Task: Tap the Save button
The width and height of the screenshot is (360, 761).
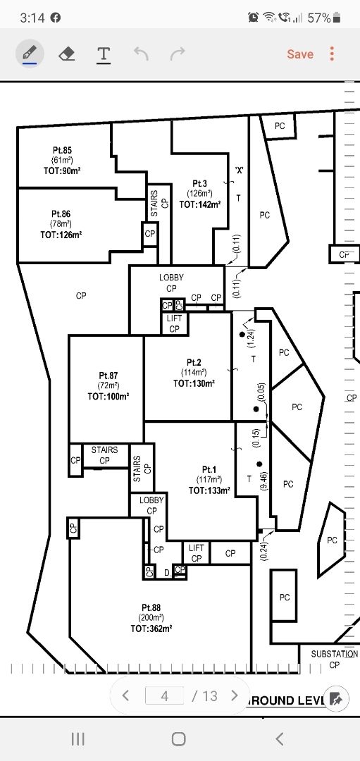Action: (300, 54)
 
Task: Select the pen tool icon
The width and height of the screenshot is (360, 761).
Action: (30, 54)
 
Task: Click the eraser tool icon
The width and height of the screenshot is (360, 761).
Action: (67, 54)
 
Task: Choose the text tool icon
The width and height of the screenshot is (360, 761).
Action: (104, 54)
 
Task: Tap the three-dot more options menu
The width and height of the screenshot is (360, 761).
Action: (332, 54)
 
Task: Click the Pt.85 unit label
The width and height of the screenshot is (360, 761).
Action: (62, 151)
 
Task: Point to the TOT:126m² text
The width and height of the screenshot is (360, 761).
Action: (61, 235)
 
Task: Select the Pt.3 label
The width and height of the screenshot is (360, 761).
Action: (200, 183)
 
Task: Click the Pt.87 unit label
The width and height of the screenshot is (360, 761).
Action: (108, 376)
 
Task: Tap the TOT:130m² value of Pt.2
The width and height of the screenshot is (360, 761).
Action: (194, 383)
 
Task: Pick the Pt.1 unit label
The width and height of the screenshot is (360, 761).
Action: (209, 470)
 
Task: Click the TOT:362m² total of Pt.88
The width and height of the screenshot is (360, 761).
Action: (151, 629)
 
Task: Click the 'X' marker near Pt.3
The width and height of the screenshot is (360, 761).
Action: (239, 171)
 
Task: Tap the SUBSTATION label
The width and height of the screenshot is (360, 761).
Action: (335, 654)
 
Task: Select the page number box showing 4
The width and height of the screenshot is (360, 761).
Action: (164, 696)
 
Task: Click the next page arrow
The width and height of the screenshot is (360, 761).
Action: (235, 695)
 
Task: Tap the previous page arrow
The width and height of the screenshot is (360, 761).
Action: (125, 695)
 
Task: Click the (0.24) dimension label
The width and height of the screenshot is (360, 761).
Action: (263, 551)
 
